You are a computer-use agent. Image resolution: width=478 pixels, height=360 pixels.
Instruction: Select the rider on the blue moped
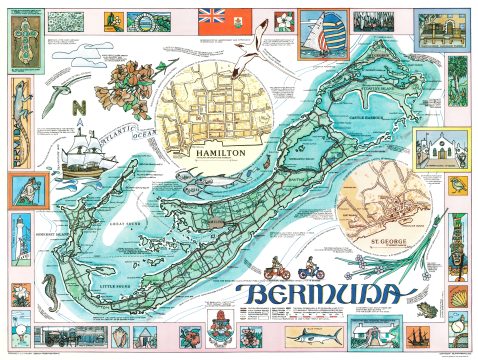pos(307,268)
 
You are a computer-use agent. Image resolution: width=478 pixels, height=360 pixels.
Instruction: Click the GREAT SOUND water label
pos(140,214)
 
